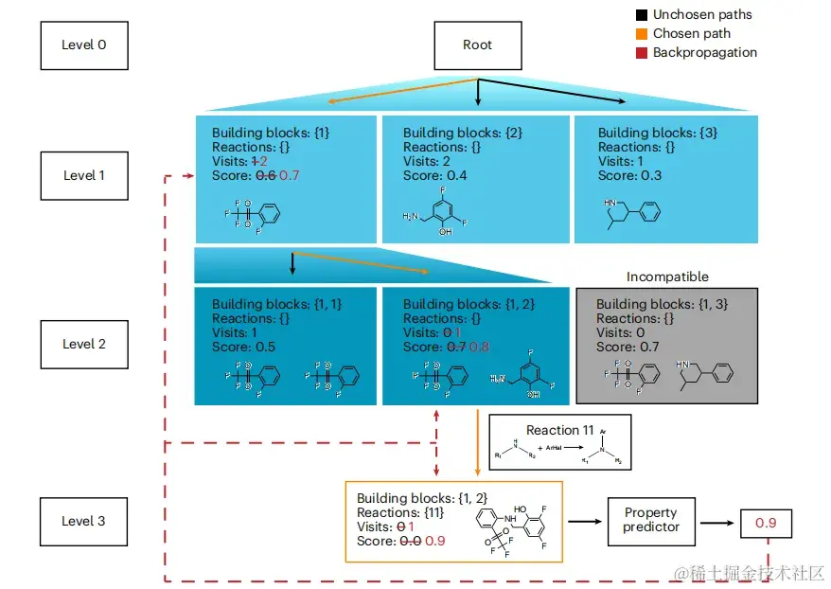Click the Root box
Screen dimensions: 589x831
477,45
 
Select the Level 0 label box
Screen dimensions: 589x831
84,45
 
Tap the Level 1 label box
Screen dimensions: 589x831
84,175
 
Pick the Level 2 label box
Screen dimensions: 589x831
84,344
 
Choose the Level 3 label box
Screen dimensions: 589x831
84,521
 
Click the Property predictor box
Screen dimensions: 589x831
651,521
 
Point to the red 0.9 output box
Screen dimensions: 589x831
766,522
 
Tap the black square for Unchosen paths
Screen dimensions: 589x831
641,15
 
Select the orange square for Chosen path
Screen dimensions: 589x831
641,34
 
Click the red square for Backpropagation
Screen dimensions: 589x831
641,53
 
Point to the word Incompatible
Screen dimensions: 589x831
667,277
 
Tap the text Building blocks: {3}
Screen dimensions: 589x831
645,134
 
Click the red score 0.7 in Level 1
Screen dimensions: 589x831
289,176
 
